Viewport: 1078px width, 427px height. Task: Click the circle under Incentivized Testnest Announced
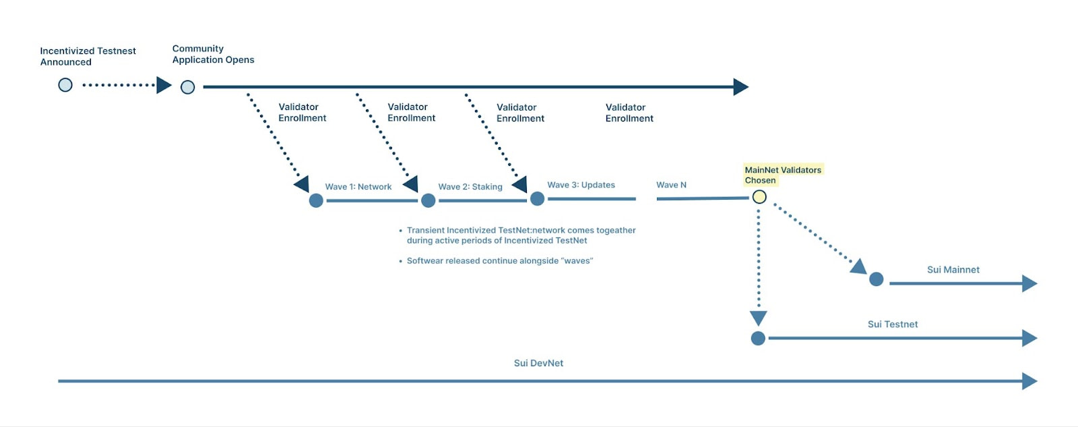click(65, 85)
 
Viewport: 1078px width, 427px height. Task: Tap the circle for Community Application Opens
click(188, 87)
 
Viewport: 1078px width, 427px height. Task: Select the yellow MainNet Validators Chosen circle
click(759, 197)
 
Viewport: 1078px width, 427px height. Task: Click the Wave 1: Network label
click(358, 187)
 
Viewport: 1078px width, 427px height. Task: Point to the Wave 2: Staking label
click(470, 187)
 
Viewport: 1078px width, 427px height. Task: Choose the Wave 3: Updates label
click(581, 185)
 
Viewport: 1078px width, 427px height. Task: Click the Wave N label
click(671, 185)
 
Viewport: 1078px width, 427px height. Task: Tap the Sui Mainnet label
click(953, 270)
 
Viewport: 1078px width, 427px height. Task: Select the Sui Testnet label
click(892, 324)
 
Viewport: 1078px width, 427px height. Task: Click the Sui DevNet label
click(538, 363)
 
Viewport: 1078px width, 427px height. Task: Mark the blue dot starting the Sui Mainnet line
click(876, 279)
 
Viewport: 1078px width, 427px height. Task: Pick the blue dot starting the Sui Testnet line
click(758, 339)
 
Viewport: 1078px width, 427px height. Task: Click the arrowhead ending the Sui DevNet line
click(1029, 381)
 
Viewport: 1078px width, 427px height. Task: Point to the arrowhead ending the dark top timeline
click(740, 87)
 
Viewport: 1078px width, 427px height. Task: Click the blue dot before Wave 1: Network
click(316, 200)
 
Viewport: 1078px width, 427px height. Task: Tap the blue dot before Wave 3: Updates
click(537, 198)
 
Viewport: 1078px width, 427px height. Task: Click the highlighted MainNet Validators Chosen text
click(782, 175)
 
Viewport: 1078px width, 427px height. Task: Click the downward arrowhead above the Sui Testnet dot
click(758, 318)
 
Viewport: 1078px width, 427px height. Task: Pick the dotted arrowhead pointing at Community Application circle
click(164, 85)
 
